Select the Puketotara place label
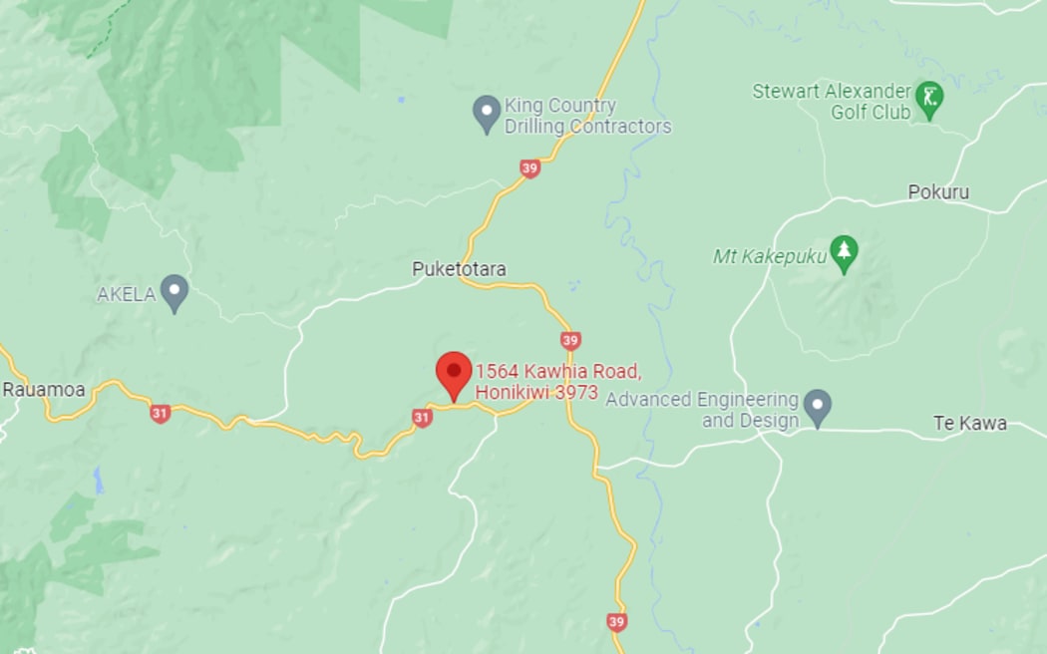coord(459,269)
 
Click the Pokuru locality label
coord(938,192)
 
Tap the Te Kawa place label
coord(969,423)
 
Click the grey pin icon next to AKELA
coord(174,292)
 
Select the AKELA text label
coord(126,294)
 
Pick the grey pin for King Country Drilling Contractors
coord(486,114)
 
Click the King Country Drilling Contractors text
coord(587,116)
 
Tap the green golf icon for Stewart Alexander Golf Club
coord(929,100)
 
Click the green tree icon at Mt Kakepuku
coord(845,254)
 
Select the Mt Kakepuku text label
coord(769,257)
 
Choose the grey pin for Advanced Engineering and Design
coord(818,406)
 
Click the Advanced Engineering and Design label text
coord(702,410)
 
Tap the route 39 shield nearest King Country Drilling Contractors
coord(529,168)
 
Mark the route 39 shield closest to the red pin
coord(569,341)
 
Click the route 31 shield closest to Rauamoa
coord(160,413)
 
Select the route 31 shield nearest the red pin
coord(422,418)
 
